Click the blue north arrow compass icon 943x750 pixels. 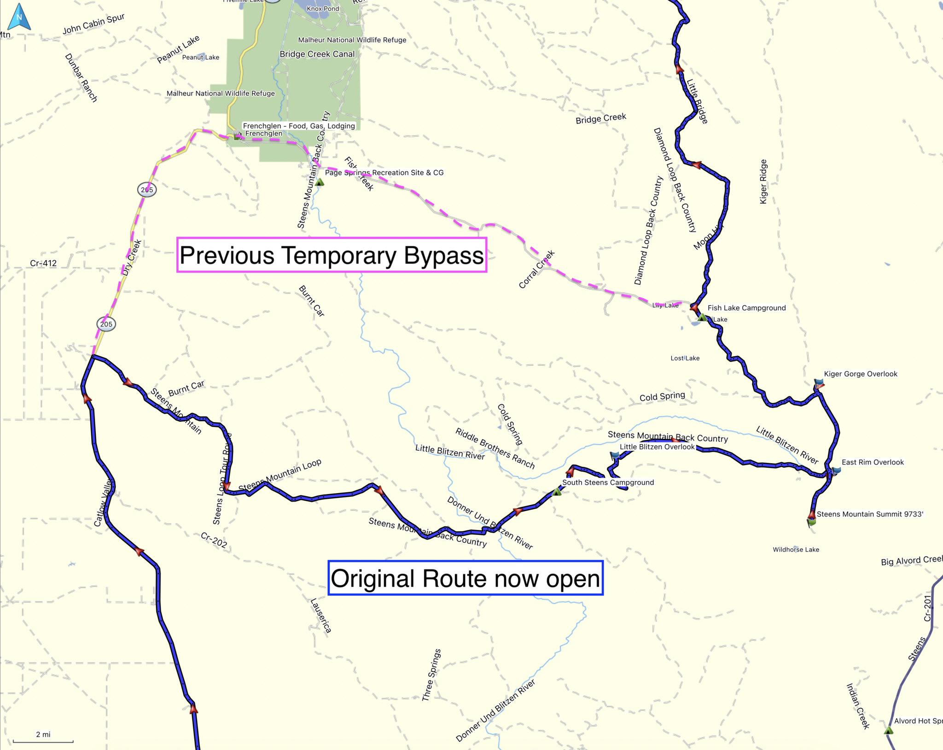point(19,17)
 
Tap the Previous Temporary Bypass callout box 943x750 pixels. point(332,255)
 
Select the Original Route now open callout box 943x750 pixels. point(465,578)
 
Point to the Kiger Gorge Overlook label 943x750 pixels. point(860,374)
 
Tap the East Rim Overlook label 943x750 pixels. point(873,462)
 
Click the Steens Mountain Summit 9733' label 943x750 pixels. point(870,514)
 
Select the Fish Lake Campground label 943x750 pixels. point(746,308)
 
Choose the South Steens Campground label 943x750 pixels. point(608,483)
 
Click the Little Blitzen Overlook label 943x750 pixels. point(657,447)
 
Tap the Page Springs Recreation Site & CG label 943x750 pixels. point(384,173)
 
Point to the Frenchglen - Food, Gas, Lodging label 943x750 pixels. point(299,126)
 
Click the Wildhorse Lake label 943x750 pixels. point(796,550)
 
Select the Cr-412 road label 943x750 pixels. point(43,263)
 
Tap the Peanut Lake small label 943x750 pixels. point(200,58)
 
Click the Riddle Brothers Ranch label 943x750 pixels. point(495,448)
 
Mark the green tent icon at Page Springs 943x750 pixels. point(320,182)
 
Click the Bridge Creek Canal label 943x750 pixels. point(317,54)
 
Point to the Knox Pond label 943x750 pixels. point(323,9)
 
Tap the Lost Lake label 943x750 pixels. point(685,358)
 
